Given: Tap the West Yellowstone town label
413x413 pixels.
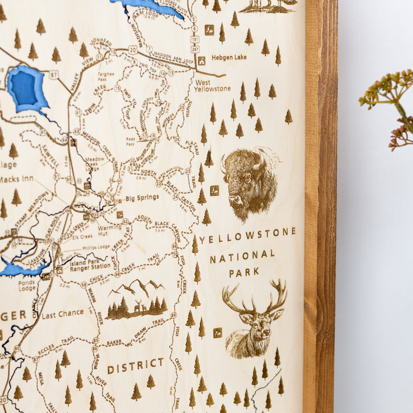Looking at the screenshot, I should click(212, 85).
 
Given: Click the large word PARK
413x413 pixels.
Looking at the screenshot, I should click(244, 272).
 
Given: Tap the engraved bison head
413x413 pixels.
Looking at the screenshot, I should click(249, 181).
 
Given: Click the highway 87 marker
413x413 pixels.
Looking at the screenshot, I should click(54, 74).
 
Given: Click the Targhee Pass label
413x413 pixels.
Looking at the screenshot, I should click(106, 77).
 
